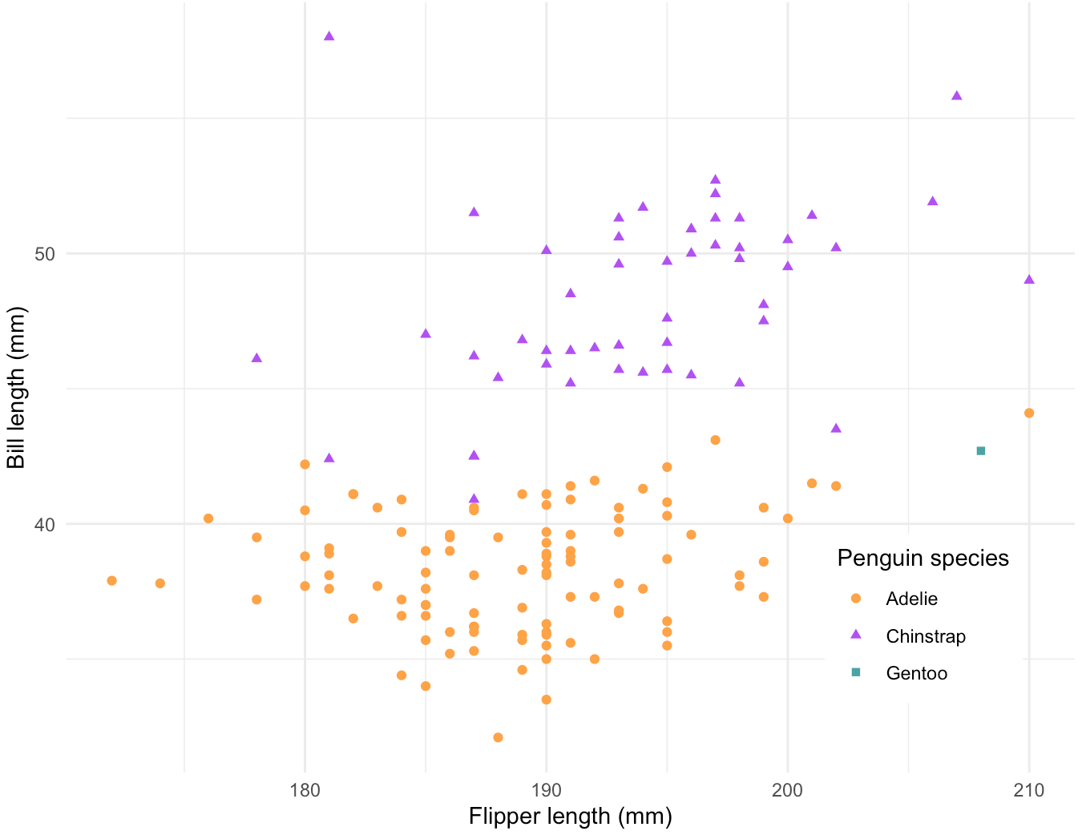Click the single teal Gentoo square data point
coord(980,451)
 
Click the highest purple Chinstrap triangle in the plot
coord(329,36)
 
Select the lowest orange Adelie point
coord(498,737)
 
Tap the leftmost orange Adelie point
coord(111,581)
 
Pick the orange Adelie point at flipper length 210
coord(1029,413)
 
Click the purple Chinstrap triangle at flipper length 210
coord(1029,280)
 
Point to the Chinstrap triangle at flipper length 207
coord(956,96)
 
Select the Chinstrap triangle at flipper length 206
coord(932,201)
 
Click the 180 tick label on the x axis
coord(305,791)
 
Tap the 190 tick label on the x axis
coord(546,791)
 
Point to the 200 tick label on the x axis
coord(787,791)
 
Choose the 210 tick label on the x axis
coord(1028,791)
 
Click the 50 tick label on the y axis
coord(44,254)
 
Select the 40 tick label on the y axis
coord(44,524)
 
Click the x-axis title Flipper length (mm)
coord(570,817)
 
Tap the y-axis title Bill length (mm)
coord(16,389)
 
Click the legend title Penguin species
coord(923,559)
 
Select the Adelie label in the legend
coord(911,599)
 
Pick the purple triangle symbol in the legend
coord(855,635)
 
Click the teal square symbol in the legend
coord(855,672)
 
